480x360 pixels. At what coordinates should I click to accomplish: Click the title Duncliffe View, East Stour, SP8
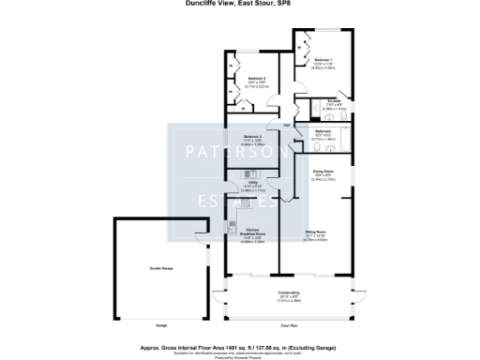click(239, 4)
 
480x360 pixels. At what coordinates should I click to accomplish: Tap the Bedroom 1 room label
click(324, 59)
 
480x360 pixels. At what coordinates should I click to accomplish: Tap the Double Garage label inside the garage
click(161, 269)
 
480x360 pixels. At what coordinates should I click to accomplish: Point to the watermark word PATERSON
click(239, 152)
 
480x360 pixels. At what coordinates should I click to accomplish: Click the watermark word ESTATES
click(239, 200)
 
